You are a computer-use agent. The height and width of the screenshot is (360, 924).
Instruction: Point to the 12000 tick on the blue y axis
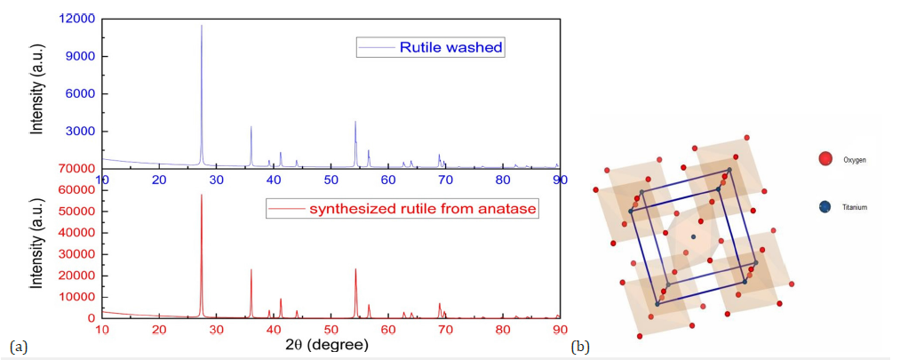pos(77,19)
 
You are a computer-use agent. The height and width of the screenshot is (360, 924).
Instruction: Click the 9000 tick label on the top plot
pos(81,56)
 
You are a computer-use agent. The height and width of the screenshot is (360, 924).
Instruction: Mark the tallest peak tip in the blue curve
pos(202,26)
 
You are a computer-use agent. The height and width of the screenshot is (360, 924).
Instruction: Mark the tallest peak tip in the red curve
pos(202,195)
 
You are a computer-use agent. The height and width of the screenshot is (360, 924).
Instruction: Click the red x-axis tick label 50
pos(331,329)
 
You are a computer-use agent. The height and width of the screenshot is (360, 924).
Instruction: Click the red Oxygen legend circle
pos(825,158)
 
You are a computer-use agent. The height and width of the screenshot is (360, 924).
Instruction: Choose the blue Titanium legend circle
pos(825,207)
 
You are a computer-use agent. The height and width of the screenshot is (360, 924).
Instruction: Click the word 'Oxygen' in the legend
pos(852,160)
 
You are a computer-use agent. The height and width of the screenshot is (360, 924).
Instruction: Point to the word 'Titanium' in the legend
pos(855,207)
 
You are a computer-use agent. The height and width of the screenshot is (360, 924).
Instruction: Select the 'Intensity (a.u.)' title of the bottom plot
pos(37,253)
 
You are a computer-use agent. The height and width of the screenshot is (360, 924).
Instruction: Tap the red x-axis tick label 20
pos(159,329)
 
